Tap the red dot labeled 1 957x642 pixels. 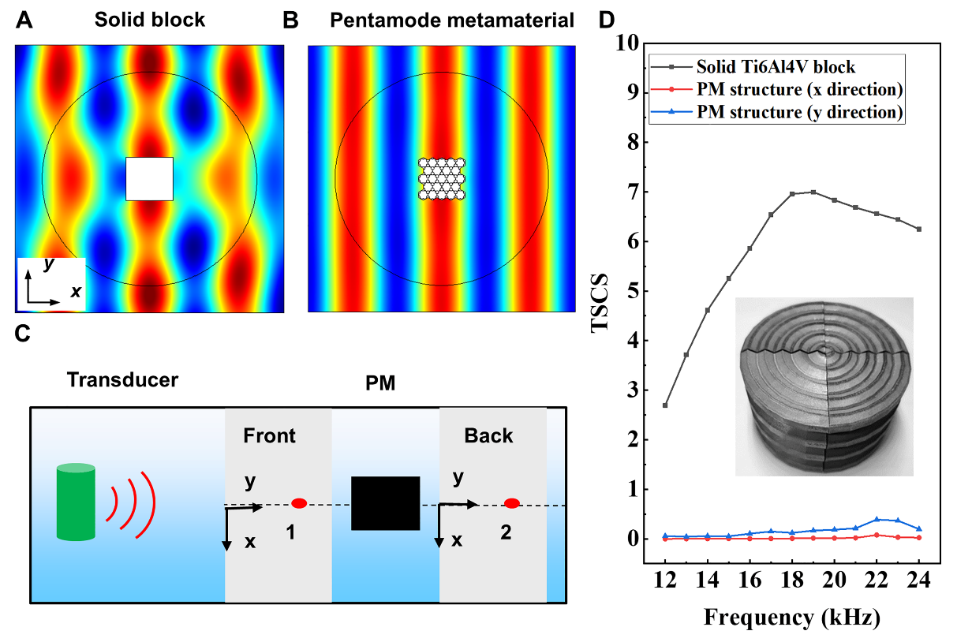coord(299,503)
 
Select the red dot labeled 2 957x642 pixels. coord(512,503)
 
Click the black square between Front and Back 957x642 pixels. coord(385,503)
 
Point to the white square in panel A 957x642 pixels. coord(149,178)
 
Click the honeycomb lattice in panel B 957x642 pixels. coord(442,178)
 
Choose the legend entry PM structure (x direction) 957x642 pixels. coord(800,88)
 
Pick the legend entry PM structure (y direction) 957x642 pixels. coord(800,112)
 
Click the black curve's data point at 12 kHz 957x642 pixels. coord(665,405)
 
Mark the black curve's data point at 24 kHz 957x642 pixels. coord(918,229)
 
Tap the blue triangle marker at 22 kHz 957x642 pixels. coord(877,519)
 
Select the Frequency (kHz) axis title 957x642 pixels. coord(791,617)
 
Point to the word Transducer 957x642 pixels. coord(122,379)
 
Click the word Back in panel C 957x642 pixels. coord(488,435)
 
